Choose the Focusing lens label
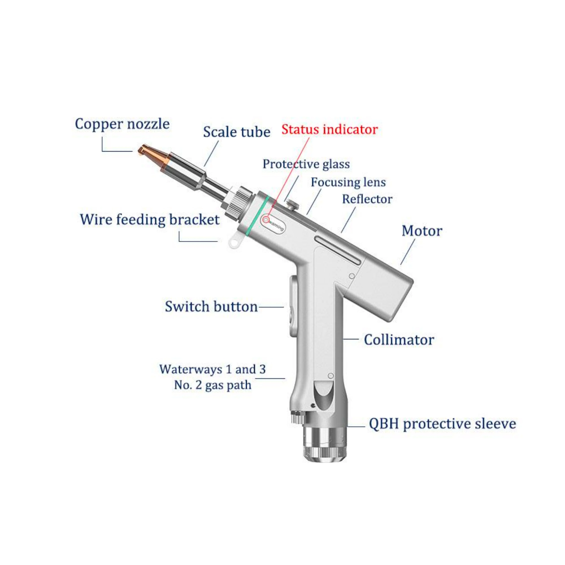click(348, 182)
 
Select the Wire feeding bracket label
click(150, 220)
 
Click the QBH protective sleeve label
click(442, 424)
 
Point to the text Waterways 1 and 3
click(213, 369)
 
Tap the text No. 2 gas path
click(213, 385)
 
